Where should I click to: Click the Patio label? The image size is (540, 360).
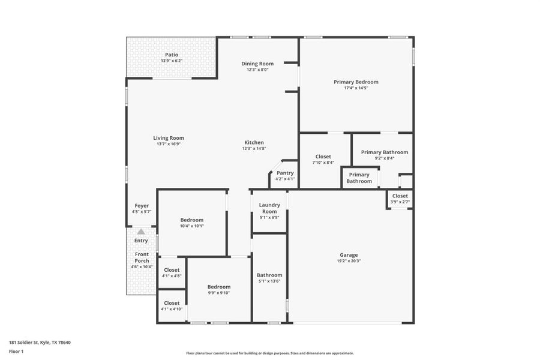(172, 55)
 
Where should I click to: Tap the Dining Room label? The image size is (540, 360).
(257, 64)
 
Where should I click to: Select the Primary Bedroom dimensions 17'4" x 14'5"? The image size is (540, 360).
(356, 88)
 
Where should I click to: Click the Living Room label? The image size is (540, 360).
(168, 138)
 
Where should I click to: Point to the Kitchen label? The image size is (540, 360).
(253, 143)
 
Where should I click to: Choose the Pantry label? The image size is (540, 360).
(285, 173)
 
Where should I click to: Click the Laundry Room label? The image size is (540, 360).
(269, 208)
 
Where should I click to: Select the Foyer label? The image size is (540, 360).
(142, 206)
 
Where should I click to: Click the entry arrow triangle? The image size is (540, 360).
(141, 232)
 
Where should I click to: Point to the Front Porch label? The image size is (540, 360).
(142, 257)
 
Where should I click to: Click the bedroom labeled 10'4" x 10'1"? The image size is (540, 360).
(192, 220)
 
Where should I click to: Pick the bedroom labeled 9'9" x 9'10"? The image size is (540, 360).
(219, 287)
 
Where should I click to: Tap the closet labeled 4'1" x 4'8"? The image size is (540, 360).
(172, 270)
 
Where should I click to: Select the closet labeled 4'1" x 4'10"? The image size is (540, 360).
(172, 303)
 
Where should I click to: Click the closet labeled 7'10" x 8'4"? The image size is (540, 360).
(323, 157)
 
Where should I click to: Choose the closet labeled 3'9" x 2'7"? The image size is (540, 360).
(400, 196)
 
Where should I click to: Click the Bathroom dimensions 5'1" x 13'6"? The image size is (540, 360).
(269, 281)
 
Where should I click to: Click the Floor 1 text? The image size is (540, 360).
(16, 352)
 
